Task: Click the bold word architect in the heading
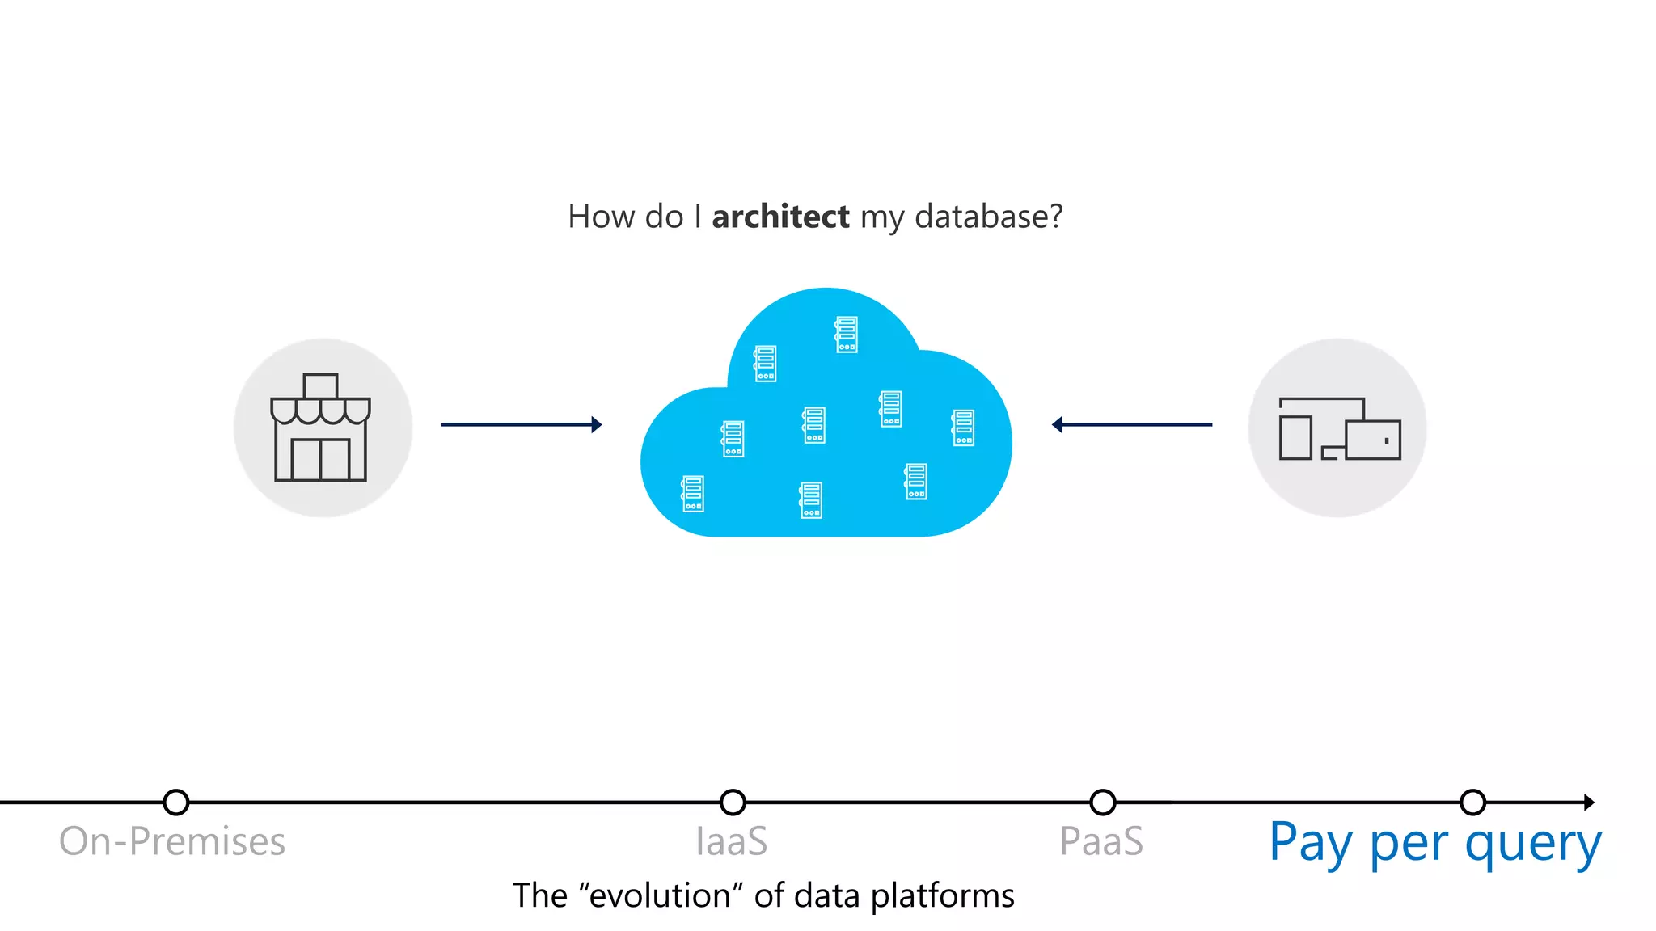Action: (x=780, y=217)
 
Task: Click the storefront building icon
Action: (x=321, y=428)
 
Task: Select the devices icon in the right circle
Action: (x=1339, y=429)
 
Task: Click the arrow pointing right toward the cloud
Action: (x=522, y=424)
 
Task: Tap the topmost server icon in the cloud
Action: (x=847, y=335)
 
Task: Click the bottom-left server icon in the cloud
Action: (x=693, y=494)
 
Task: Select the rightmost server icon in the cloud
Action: (x=963, y=428)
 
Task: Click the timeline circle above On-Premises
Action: (x=175, y=803)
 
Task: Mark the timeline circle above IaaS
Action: (x=733, y=803)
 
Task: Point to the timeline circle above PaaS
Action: (x=1103, y=803)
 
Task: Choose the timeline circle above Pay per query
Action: (x=1473, y=803)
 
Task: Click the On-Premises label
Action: (x=172, y=841)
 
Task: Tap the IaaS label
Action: (x=732, y=841)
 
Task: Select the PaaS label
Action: (x=1101, y=841)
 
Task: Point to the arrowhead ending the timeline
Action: (x=1588, y=803)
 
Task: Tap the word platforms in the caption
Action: (x=943, y=896)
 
